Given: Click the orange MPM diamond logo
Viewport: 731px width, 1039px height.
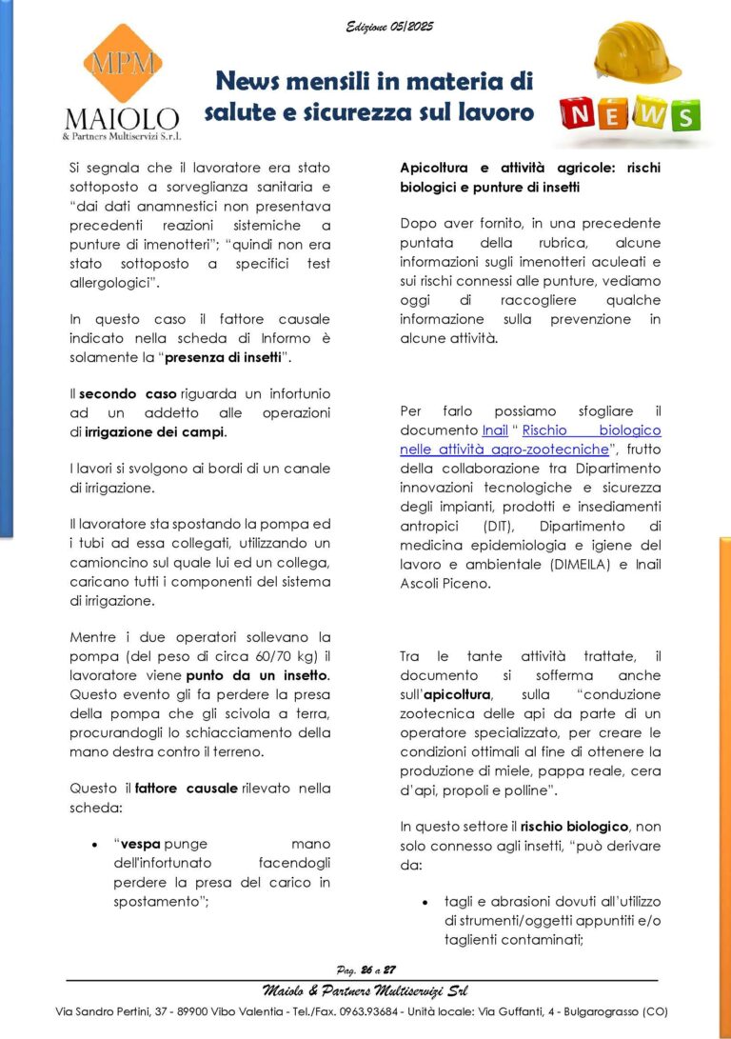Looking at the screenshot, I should point(121,65).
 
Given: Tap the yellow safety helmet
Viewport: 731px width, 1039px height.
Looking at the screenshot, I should point(635,52).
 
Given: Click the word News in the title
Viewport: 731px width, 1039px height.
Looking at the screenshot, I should point(250,82).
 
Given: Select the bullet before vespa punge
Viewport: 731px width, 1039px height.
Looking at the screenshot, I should point(94,845).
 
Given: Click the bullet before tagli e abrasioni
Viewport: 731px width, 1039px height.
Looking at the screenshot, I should point(424,901).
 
